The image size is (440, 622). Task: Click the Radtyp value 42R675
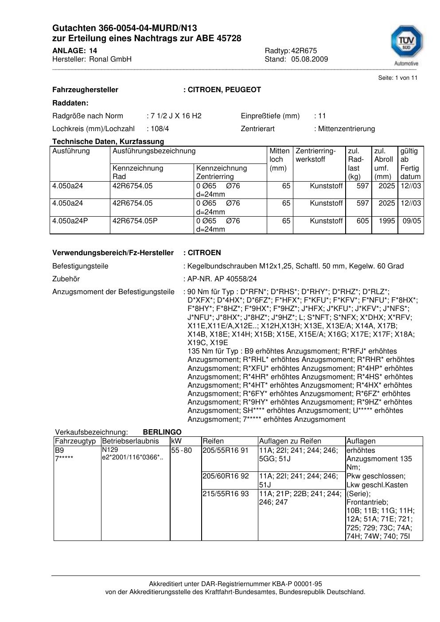click(304, 51)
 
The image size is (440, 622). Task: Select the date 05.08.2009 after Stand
click(310, 59)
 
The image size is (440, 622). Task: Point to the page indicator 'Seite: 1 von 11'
click(397, 78)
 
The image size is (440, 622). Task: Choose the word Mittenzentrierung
click(346, 128)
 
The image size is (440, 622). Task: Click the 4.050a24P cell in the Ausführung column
click(70, 221)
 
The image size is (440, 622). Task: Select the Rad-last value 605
click(362, 221)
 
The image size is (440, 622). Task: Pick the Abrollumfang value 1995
click(386, 221)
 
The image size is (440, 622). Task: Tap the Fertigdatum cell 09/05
click(412, 221)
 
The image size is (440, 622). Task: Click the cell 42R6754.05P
click(135, 221)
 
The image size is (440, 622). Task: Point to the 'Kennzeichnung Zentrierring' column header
click(221, 172)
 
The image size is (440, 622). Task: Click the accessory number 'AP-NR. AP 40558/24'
click(222, 279)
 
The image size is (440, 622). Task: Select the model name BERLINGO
click(162, 432)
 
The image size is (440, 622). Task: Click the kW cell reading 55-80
click(181, 451)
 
